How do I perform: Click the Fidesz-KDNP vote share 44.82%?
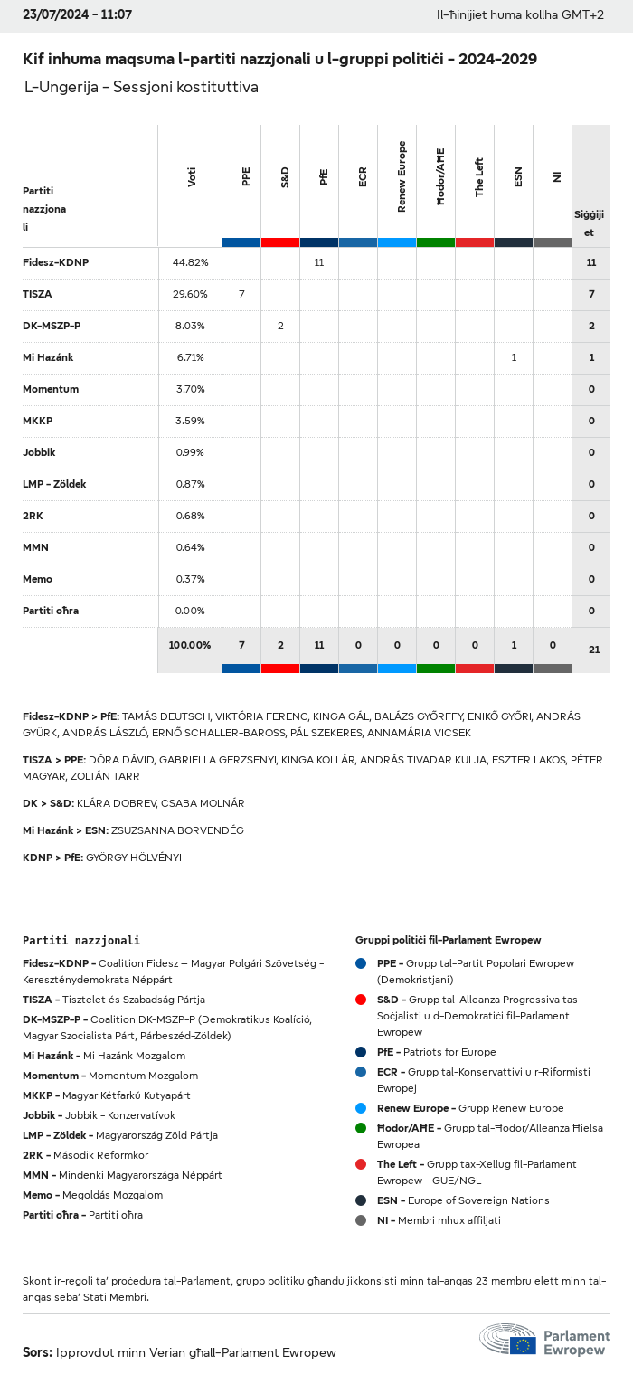190,262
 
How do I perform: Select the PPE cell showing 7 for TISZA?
241,294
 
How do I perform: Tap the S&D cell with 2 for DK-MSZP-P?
280,326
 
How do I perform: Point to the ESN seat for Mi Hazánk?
514,357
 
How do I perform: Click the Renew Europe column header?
402,177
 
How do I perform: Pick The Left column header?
479,177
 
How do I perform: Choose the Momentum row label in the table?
51,389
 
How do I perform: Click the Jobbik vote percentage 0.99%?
190,452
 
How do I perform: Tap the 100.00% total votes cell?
190,645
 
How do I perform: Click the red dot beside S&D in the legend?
361,1000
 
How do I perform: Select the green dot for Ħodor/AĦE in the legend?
361,1128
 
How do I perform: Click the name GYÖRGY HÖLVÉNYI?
133,858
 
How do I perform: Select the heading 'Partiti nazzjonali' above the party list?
81,941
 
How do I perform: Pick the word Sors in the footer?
37,1352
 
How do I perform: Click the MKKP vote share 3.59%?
190,421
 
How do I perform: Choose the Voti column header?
192,177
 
